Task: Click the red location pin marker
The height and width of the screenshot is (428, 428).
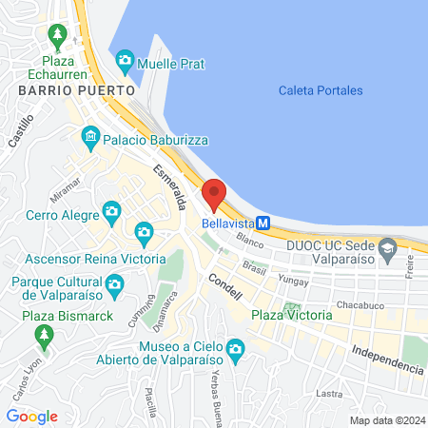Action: tap(214, 194)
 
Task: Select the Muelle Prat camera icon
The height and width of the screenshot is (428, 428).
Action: tap(125, 64)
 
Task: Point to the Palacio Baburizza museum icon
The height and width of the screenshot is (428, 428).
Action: tap(90, 137)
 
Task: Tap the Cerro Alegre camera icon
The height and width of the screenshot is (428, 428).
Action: tap(111, 210)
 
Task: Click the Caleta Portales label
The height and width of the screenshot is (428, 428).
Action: tap(321, 90)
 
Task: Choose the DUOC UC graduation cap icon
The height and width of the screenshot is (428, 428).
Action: tap(387, 251)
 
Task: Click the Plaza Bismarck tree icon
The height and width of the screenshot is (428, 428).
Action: tap(43, 335)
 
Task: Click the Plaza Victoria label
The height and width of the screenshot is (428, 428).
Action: tap(292, 315)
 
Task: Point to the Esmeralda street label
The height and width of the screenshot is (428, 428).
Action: tap(165, 186)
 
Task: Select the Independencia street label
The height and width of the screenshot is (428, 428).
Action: tap(386, 359)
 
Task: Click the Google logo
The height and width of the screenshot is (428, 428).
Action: tap(31, 416)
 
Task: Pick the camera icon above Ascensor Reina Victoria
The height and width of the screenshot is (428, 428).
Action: tap(144, 231)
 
